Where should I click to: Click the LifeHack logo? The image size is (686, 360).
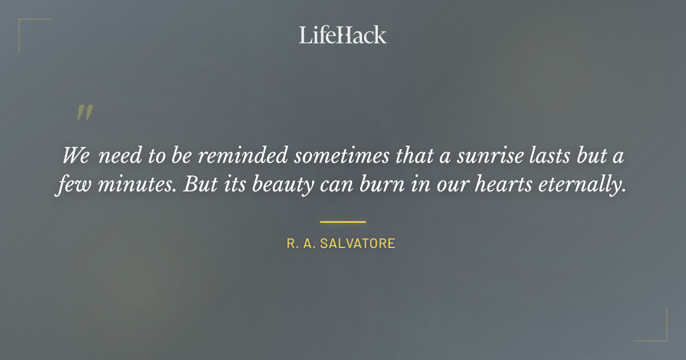tap(342, 35)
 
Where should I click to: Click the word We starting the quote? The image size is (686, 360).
tap(75, 156)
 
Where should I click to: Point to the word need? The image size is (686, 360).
tap(117, 156)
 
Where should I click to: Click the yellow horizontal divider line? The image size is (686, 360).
tap(342, 222)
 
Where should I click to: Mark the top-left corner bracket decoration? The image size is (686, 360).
tap(23, 23)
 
